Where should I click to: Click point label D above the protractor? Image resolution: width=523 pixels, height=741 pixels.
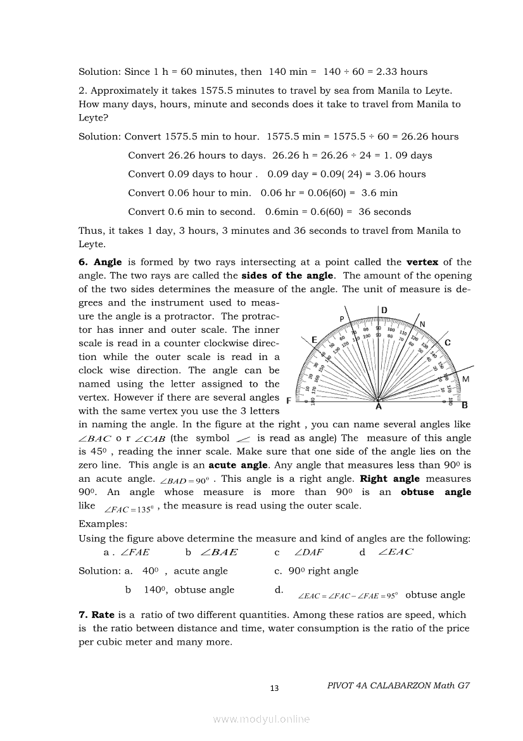(x=384, y=310)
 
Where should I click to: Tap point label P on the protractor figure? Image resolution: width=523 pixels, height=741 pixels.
(x=342, y=319)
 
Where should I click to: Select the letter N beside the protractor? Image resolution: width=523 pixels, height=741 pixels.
(x=422, y=325)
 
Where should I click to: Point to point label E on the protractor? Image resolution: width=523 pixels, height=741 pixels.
(x=314, y=340)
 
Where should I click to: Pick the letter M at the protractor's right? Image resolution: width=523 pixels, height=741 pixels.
(x=466, y=378)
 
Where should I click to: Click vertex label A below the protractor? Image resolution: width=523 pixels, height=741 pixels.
(x=379, y=408)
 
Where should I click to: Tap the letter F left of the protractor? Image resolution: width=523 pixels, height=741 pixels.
(x=289, y=401)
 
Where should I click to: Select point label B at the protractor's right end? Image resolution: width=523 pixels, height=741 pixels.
(x=464, y=404)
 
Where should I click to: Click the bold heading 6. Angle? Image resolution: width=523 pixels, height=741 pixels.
(x=100, y=262)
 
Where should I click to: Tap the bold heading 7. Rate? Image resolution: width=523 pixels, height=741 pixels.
(x=96, y=615)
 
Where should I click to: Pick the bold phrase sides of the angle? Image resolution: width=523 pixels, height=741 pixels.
(x=287, y=276)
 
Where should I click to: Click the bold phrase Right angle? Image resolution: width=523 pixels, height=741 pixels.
(x=389, y=479)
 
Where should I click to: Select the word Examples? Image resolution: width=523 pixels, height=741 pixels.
(x=103, y=524)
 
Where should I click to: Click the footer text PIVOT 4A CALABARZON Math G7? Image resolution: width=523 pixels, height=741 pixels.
(x=400, y=685)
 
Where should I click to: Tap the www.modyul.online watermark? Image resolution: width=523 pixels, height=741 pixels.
(x=261, y=719)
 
